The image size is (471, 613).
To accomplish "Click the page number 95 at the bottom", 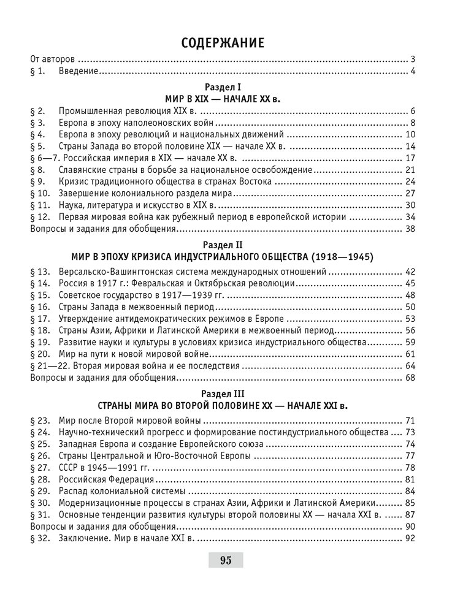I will (x=225, y=560).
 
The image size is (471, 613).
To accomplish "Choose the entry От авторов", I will (x=53, y=60).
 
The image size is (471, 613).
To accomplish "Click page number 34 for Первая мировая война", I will (x=411, y=216).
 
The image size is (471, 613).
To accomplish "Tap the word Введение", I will (x=79, y=72).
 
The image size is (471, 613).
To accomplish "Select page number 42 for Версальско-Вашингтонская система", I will (x=411, y=272).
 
